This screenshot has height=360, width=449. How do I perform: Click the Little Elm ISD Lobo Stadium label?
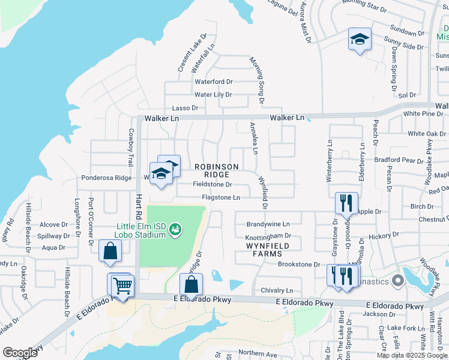click(x=141, y=230)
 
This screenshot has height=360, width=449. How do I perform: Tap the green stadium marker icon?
click(x=175, y=229)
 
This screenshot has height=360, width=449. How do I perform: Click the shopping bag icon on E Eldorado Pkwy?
click(x=191, y=284)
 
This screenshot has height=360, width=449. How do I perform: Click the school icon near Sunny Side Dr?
click(x=360, y=40)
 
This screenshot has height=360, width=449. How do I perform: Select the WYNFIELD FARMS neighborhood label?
click(x=268, y=250)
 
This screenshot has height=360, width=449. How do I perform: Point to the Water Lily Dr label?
click(x=212, y=95)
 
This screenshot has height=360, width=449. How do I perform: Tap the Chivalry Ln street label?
click(x=277, y=290)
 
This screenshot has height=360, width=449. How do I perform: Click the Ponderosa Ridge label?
click(x=106, y=178)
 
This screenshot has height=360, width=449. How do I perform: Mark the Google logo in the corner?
click(x=20, y=353)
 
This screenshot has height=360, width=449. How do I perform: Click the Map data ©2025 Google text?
click(x=412, y=355)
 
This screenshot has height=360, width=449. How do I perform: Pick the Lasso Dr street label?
click(x=185, y=108)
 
